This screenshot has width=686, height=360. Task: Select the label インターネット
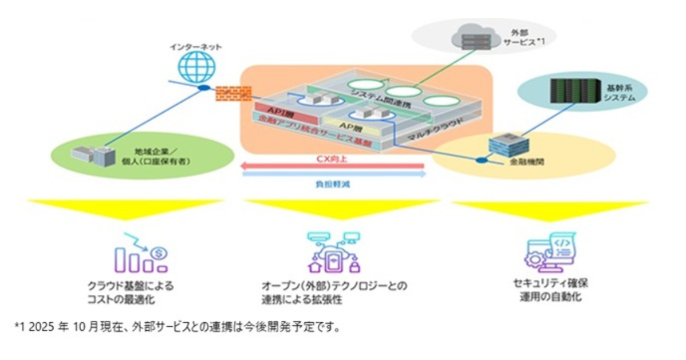pyautogui.click(x=196, y=46)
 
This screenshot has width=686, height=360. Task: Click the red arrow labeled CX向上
pyautogui.click(x=332, y=166)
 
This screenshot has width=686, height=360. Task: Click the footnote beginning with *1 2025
pyautogui.click(x=177, y=328)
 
